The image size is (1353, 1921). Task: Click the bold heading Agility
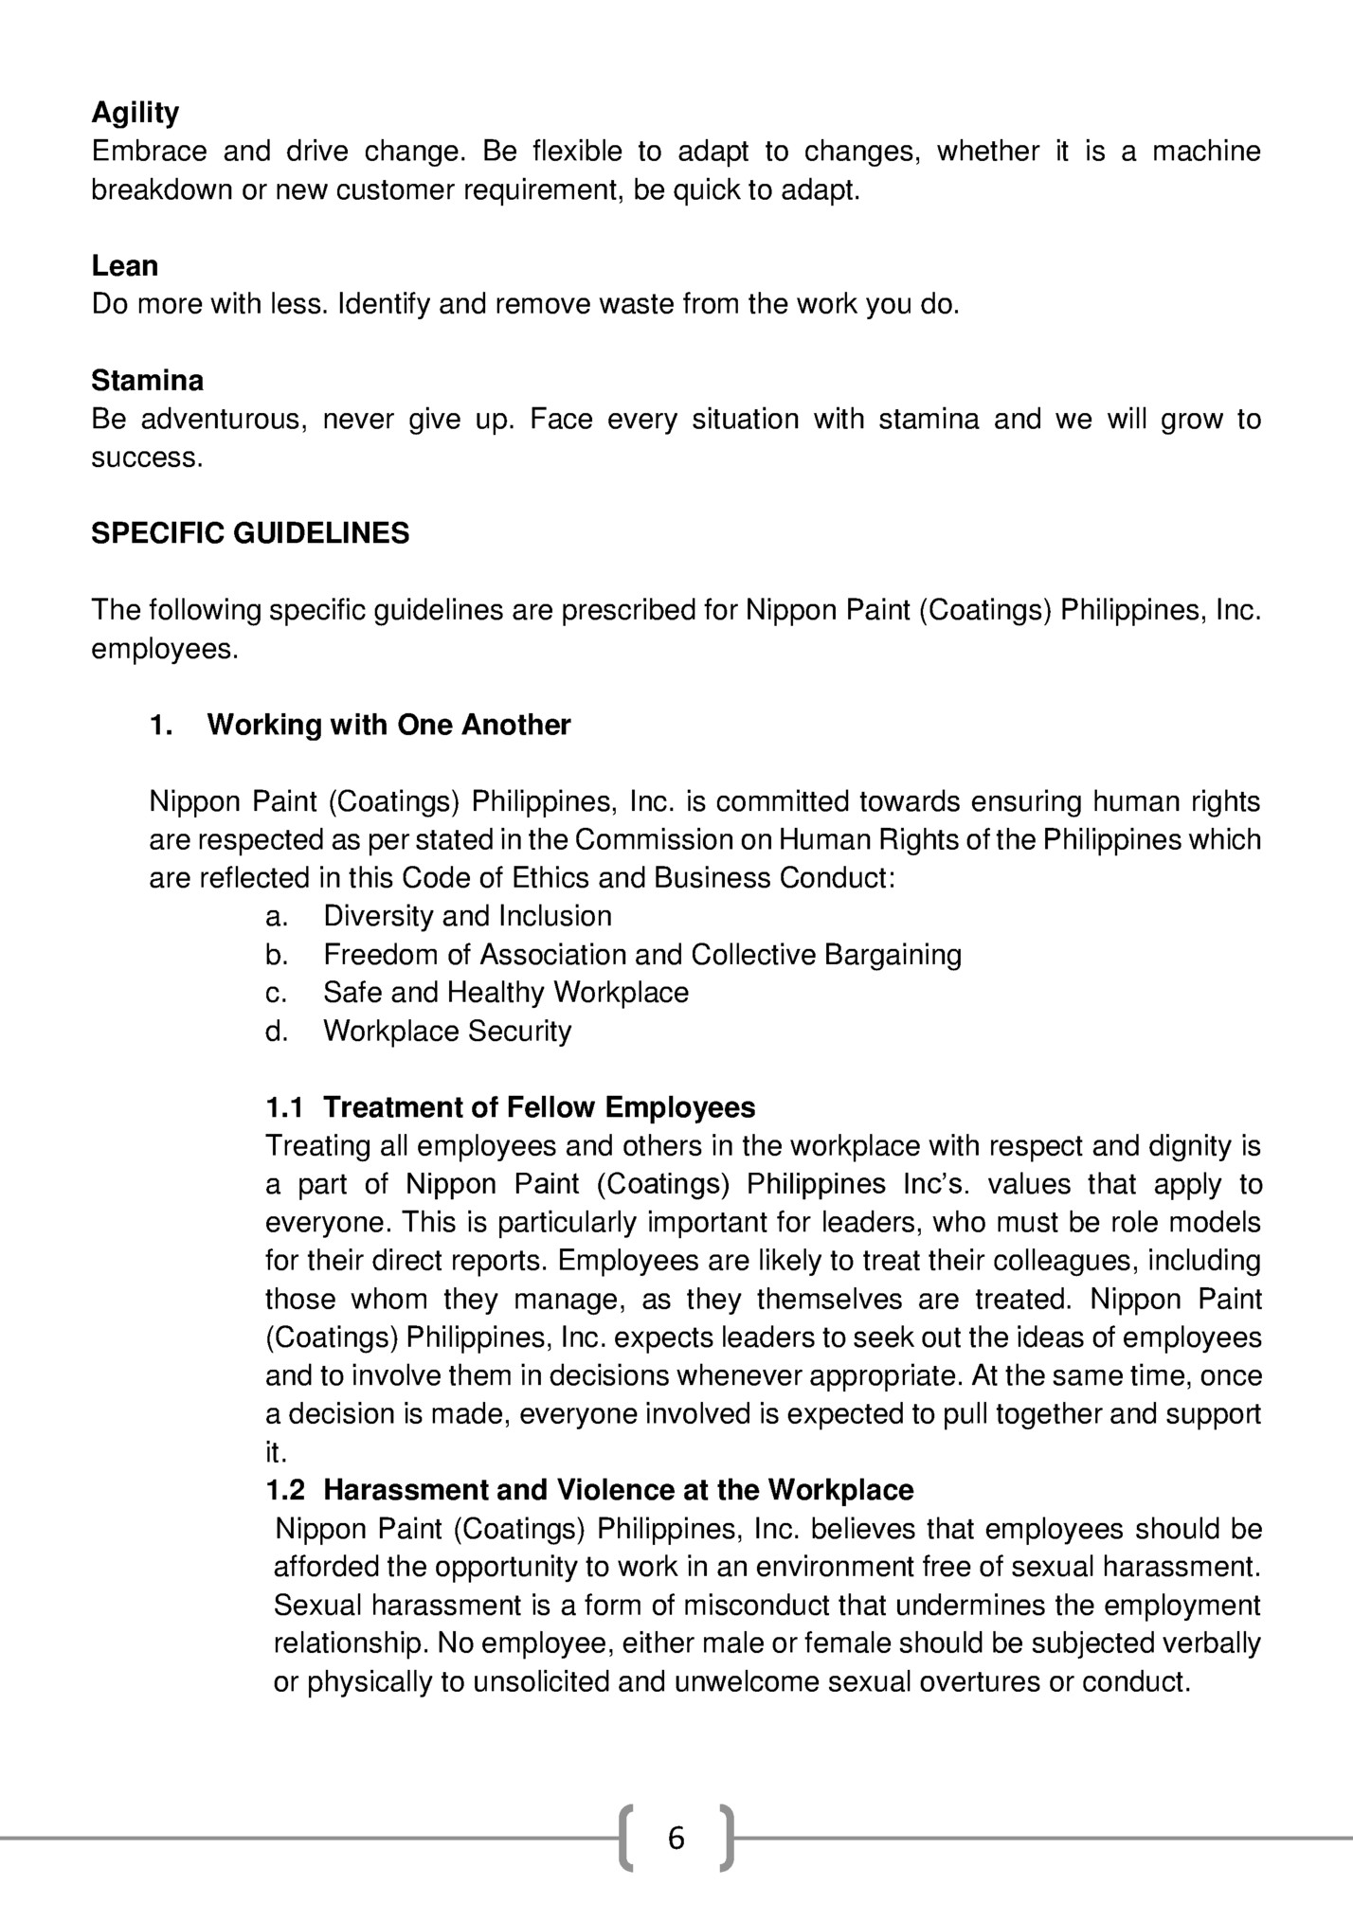pos(135,114)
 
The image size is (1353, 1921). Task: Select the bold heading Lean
pos(124,266)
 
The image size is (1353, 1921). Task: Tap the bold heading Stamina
pos(147,381)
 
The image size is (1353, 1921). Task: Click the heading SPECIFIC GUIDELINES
pos(250,533)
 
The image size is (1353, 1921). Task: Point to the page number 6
pos(676,1839)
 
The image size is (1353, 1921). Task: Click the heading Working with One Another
pos(388,725)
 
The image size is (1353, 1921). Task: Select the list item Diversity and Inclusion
pos(467,916)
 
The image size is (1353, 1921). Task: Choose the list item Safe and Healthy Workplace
pos(506,993)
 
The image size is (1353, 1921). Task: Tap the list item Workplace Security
pos(447,1031)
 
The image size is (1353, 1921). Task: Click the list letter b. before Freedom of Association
pos(276,955)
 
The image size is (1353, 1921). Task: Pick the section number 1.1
pos(284,1107)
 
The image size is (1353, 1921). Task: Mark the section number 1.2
pos(285,1490)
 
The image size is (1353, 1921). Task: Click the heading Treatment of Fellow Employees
pos(539,1107)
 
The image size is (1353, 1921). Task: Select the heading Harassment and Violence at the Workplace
pos(618,1490)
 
